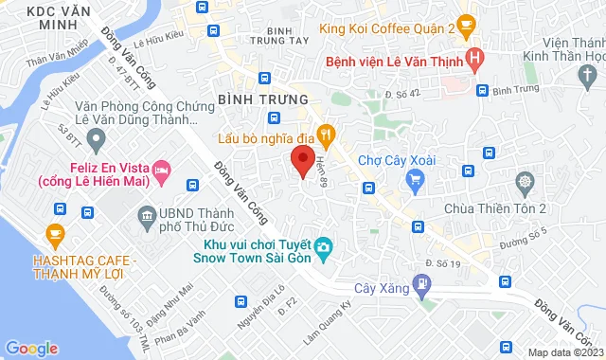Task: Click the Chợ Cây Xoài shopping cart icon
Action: pos(413,179)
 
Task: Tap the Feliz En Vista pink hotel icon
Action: pos(160,169)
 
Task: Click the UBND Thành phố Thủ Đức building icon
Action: pos(147,219)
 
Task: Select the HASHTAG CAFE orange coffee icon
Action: pos(54,233)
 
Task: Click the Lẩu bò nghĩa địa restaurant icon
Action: pos(325,134)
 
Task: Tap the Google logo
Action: pos(31,348)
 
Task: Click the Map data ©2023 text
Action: pos(564,352)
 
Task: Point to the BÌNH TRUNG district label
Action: pos(263,99)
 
